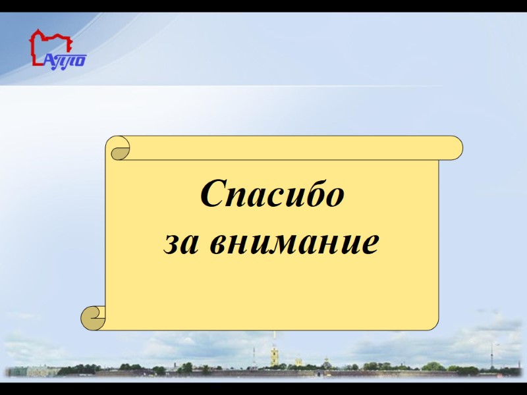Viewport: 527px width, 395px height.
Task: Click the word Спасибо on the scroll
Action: (272, 195)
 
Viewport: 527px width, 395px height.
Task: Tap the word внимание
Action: (293, 243)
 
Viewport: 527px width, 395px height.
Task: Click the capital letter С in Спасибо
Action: (213, 195)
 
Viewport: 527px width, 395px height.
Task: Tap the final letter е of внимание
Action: (371, 244)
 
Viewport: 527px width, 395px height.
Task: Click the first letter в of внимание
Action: (215, 244)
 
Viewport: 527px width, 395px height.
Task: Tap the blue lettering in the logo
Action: (66, 60)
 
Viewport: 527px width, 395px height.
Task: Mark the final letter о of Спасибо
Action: (335, 197)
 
